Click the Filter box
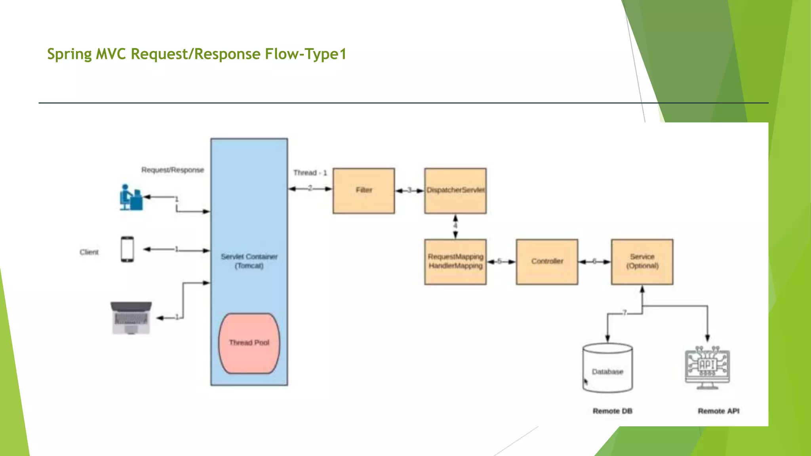[364, 191]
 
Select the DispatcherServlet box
[455, 191]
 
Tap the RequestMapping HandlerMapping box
[455, 262]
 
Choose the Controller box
[547, 262]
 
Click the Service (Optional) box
[642, 262]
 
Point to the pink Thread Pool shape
[249, 343]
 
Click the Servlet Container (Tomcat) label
[249, 261]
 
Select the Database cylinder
[607, 368]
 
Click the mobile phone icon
[127, 249]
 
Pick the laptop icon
[131, 318]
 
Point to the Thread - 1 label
[310, 173]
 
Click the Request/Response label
[173, 170]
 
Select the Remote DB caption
[612, 411]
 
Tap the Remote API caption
[718, 411]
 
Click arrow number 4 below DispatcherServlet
[455, 226]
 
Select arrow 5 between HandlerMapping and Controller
[501, 262]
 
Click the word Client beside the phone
[89, 252]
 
